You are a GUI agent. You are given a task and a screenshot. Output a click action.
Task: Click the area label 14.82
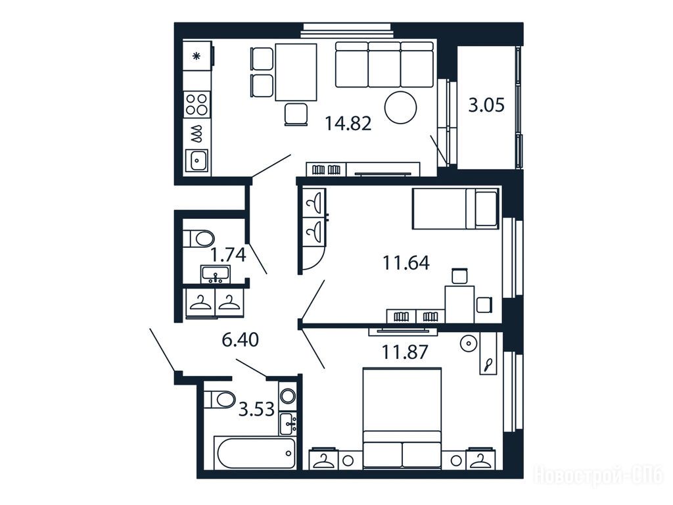348,124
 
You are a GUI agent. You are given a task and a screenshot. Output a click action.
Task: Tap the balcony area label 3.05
486,105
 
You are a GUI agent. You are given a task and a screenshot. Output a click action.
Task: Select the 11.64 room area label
406,263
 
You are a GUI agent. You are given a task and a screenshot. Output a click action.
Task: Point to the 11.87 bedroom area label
405,352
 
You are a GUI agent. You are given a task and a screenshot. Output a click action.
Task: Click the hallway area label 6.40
240,340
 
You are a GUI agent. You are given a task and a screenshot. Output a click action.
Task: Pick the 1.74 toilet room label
228,255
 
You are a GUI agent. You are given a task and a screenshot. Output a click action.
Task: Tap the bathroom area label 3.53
256,409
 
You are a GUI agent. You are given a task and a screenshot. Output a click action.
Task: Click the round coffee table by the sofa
400,108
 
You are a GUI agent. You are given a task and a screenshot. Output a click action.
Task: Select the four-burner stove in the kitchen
197,105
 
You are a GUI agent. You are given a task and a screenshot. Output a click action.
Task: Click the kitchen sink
197,161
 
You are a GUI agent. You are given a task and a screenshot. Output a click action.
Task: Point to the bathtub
255,453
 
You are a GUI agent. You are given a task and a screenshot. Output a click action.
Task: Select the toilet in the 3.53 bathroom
219,399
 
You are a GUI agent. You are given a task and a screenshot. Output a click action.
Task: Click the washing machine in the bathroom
287,395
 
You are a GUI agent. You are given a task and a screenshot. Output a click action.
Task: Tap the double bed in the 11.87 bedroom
402,418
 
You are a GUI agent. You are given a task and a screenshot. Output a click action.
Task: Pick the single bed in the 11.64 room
455,208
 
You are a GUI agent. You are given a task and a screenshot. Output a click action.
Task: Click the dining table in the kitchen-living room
296,72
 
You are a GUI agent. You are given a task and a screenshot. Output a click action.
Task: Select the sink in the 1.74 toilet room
216,274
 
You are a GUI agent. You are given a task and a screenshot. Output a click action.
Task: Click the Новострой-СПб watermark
599,476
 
